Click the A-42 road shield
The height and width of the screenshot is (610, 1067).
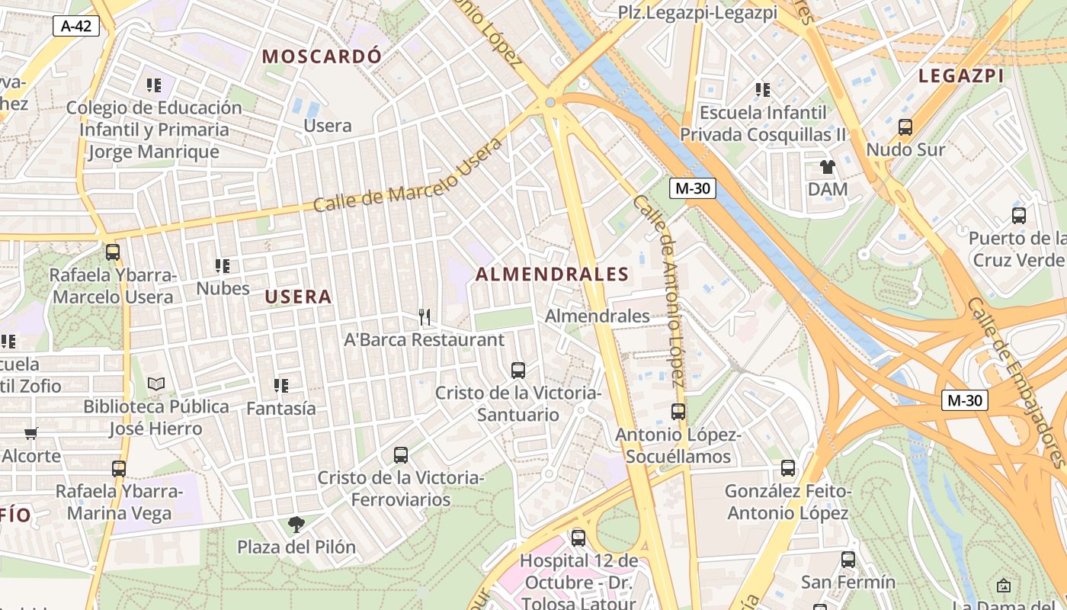[76, 26]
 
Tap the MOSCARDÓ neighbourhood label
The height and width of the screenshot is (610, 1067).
[321, 56]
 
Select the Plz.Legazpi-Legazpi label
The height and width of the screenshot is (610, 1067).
[697, 12]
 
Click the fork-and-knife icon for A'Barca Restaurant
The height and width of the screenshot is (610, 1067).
[425, 316]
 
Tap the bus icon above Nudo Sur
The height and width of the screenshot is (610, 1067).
[905, 127]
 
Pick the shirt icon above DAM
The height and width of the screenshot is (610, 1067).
[828, 166]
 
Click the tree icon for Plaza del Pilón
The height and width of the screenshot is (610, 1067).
[296, 525]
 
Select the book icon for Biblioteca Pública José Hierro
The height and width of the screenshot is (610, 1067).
[156, 384]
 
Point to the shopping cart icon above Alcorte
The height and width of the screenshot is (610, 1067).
[30, 433]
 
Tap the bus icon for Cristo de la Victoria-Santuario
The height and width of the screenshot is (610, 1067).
[518, 371]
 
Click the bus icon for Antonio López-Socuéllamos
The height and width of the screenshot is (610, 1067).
[678, 412]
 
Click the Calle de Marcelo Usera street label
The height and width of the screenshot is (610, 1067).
[409, 176]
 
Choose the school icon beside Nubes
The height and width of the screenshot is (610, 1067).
[223, 266]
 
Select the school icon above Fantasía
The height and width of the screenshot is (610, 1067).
[280, 386]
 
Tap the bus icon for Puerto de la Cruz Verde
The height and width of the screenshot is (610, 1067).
[1019, 216]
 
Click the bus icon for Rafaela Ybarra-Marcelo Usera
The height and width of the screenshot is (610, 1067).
[113, 252]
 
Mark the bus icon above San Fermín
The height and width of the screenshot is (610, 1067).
[848, 560]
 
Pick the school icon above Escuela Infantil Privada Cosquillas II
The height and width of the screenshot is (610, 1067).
[763, 90]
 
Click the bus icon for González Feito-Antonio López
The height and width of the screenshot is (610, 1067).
[788, 468]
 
